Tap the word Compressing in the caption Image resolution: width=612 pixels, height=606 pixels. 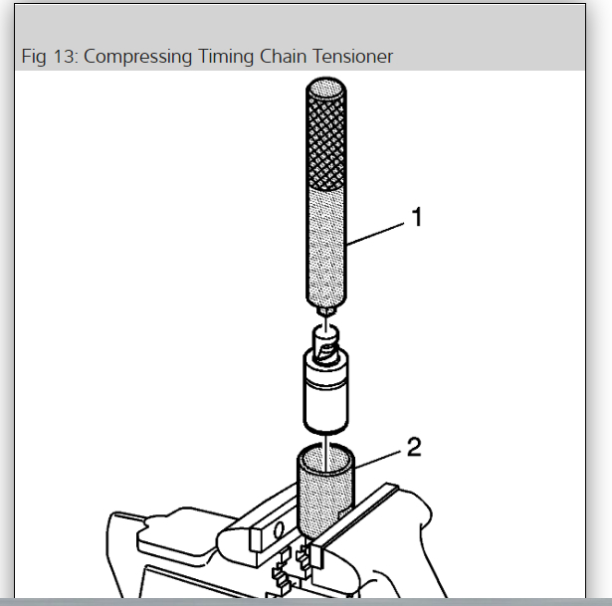pyautogui.click(x=139, y=57)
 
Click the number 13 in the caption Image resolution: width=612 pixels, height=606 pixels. pyautogui.click(x=64, y=57)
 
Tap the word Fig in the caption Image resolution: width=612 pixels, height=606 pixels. pyautogui.click(x=33, y=57)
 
